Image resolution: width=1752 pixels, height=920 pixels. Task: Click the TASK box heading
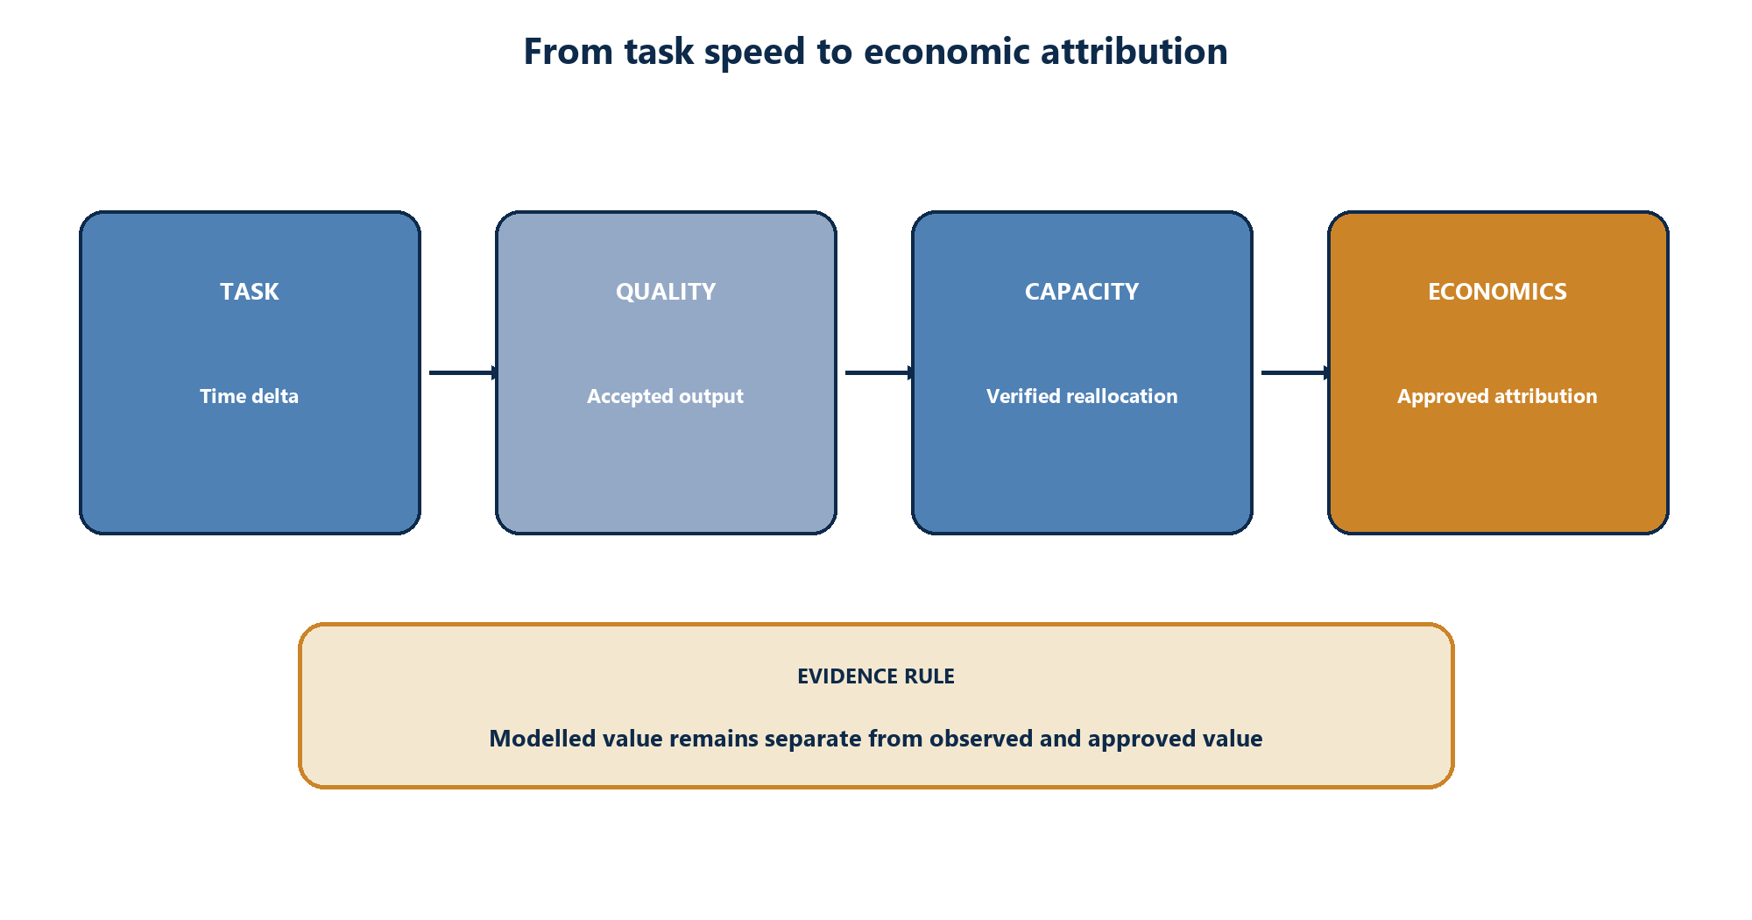(x=250, y=292)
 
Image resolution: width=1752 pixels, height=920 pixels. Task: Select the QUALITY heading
(x=666, y=292)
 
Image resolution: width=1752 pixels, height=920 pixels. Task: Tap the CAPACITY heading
(x=1082, y=292)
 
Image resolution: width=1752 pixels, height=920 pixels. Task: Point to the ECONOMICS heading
(x=1497, y=292)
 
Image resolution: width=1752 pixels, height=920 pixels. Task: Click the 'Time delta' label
(x=250, y=396)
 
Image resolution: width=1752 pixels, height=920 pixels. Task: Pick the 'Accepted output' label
(x=666, y=397)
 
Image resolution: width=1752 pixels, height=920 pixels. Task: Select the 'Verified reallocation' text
(x=1082, y=396)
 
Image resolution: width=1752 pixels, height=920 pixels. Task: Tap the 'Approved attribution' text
(x=1497, y=397)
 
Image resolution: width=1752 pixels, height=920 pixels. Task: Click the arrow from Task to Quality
(x=464, y=373)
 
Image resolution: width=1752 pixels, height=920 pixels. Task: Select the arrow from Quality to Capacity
(x=880, y=373)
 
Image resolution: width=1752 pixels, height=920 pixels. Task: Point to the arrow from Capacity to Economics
(x=1296, y=373)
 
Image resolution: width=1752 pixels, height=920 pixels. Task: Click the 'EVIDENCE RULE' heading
(x=876, y=676)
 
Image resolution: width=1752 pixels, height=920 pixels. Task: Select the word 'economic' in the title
(x=947, y=52)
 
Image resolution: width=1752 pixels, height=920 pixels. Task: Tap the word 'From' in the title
(x=569, y=52)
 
